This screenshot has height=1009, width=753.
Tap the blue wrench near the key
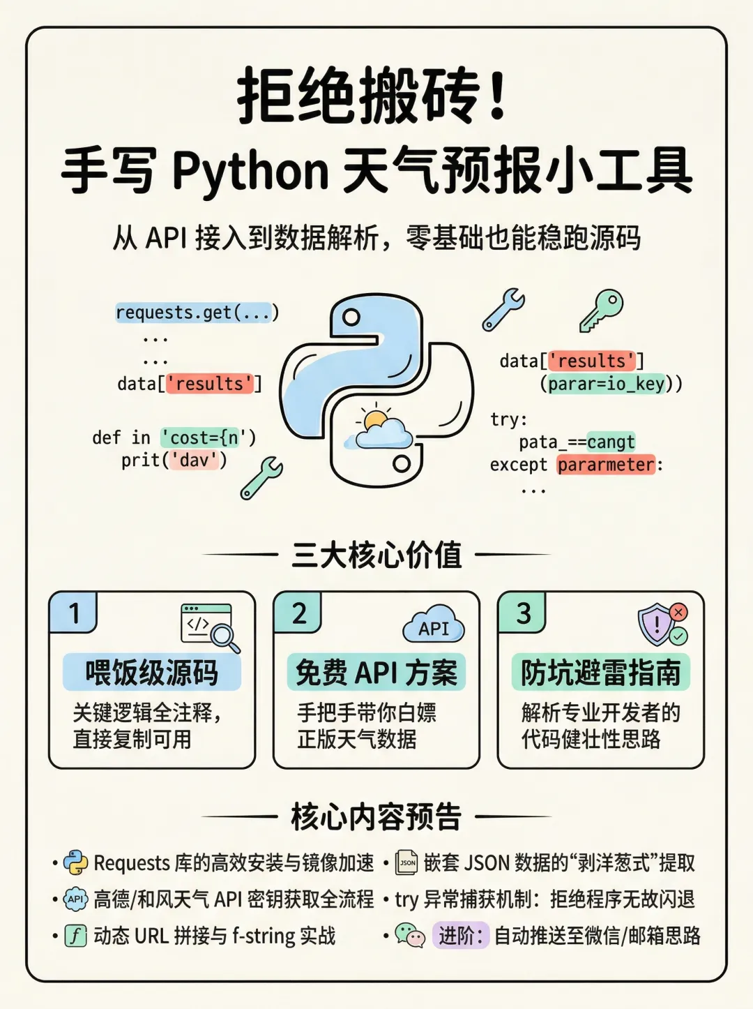(503, 309)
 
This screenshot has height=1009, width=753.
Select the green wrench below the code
(261, 478)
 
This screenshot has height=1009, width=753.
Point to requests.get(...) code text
(197, 312)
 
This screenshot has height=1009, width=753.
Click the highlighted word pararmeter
(606, 465)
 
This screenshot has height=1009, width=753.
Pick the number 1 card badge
(73, 613)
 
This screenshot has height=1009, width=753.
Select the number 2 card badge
(298, 613)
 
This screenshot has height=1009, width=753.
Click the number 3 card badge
(523, 613)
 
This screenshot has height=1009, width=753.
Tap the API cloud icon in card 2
(434, 625)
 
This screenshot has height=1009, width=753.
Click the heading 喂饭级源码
(152, 673)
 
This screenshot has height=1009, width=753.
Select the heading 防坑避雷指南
(601, 673)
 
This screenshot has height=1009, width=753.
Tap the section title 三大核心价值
(376, 555)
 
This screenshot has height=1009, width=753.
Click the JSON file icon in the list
(407, 863)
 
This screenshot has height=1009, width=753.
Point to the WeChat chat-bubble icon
(410, 935)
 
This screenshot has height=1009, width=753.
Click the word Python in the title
(250, 171)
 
